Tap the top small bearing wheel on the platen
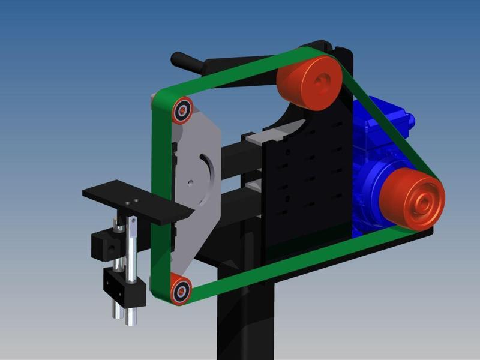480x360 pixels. point(181,112)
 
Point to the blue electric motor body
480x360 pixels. point(372,150)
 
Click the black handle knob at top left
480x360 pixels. point(180,61)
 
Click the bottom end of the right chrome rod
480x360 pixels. point(129,321)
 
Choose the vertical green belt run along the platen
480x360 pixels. point(158,198)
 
